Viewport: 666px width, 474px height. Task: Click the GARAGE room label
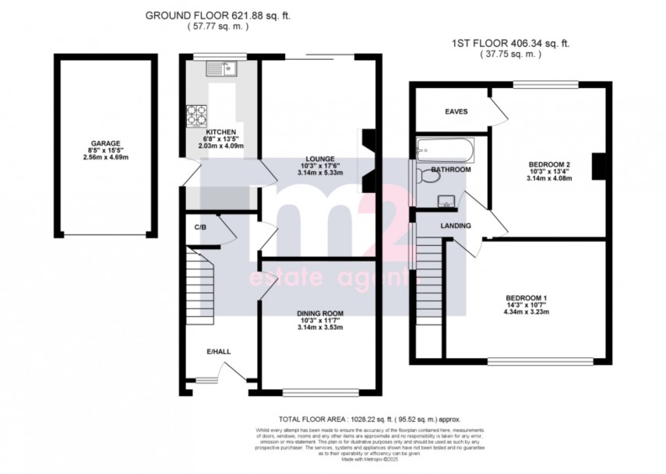tap(104, 143)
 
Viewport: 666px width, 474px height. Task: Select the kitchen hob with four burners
tap(195, 115)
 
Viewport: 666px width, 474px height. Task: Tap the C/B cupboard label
tap(199, 227)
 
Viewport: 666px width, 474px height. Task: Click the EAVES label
tap(456, 111)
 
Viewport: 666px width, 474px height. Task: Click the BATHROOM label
tap(452, 170)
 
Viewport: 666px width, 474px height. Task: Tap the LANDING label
tap(456, 226)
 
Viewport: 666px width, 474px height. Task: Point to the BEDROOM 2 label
tap(550, 164)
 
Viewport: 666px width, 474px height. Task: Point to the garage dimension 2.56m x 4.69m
tap(104, 157)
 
